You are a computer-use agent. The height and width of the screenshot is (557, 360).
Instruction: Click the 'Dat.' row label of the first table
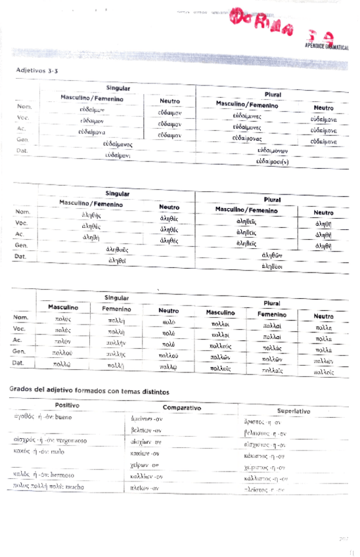(x=22, y=150)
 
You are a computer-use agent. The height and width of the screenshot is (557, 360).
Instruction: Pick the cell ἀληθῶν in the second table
(x=271, y=255)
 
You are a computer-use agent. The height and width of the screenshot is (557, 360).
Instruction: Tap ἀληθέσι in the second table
(x=271, y=266)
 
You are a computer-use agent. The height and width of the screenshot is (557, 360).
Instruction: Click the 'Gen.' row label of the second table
(x=22, y=244)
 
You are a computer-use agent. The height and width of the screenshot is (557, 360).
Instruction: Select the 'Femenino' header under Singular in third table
(x=116, y=309)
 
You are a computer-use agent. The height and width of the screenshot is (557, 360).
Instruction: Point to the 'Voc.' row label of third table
(x=20, y=328)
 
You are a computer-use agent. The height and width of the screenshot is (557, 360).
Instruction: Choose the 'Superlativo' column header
(x=284, y=411)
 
